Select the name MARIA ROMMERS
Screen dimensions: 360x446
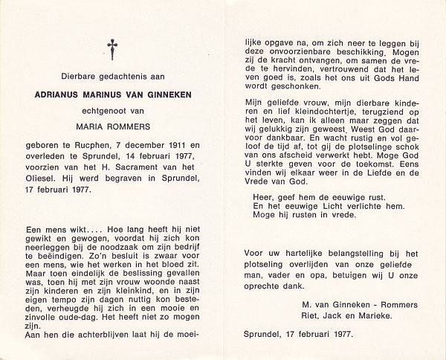coord(112,126)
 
